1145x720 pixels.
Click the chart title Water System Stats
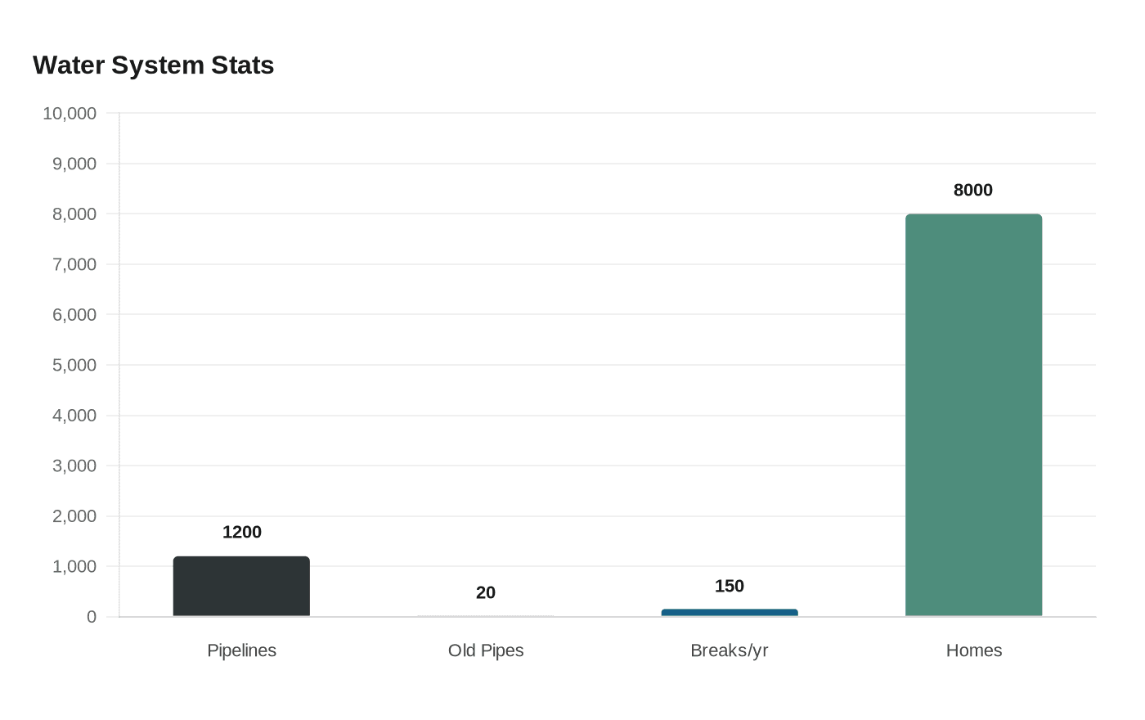[x=153, y=65]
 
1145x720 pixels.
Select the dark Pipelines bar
[x=241, y=587]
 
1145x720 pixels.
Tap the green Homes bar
[x=973, y=415]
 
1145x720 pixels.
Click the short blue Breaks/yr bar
[x=729, y=613]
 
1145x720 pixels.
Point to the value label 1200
[x=242, y=533]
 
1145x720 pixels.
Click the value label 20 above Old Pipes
[x=486, y=593]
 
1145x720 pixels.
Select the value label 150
[x=729, y=587]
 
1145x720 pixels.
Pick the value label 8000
[x=972, y=191]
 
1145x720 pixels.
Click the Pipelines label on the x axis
[x=241, y=650]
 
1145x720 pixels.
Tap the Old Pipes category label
[x=486, y=650]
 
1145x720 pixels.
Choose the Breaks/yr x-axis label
[x=729, y=650]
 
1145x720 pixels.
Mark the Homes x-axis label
[x=973, y=650]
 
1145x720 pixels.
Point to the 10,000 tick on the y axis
[x=70, y=114]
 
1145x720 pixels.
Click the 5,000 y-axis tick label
[x=74, y=366]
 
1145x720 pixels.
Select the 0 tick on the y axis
[x=92, y=617]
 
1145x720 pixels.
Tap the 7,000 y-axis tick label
[x=74, y=265]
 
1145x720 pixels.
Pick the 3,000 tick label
[x=74, y=466]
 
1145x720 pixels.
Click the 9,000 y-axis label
[x=74, y=164]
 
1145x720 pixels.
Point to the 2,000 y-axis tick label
[x=74, y=516]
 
